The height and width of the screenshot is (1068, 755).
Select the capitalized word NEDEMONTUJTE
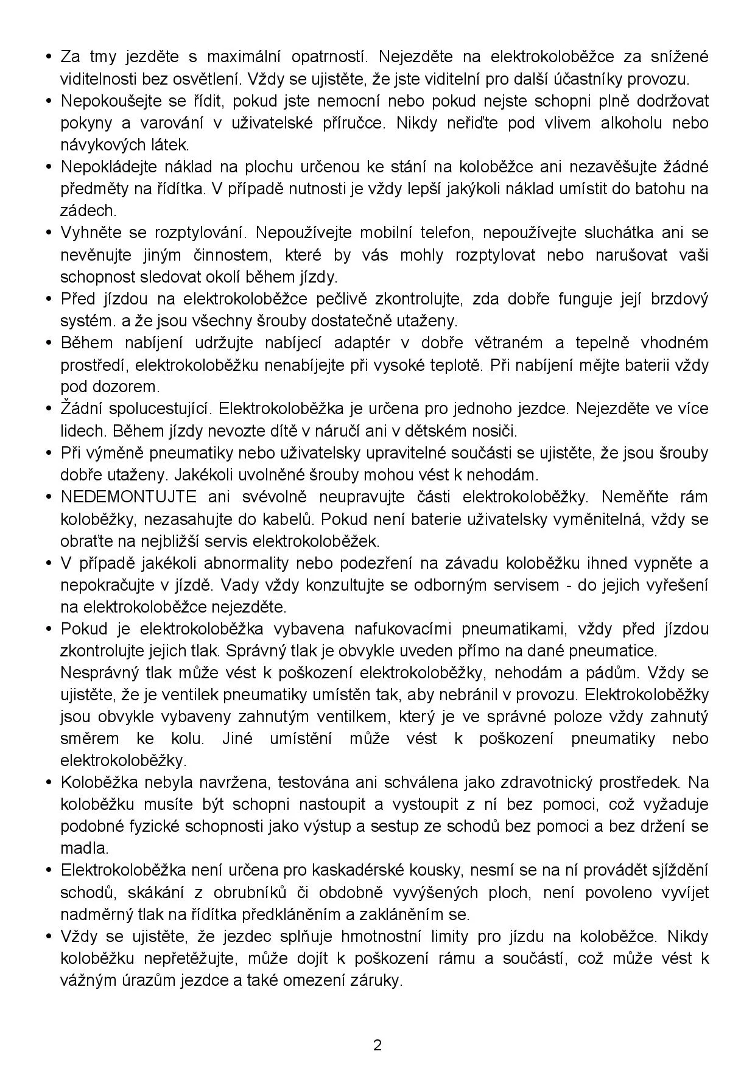pos(128,497)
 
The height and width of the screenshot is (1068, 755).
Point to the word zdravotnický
pos(544,782)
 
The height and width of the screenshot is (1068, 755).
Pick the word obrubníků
pos(250,893)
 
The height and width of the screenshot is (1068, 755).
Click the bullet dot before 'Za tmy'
pos(49,57)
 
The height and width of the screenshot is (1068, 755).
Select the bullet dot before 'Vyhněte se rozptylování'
pos(49,233)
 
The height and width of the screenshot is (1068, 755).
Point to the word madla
pos(84,848)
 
